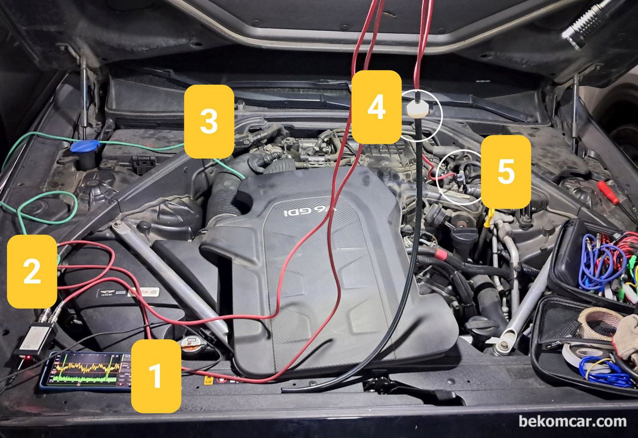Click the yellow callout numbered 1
tap(155, 376)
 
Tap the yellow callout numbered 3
tap(209, 121)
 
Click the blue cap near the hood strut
tap(84, 147)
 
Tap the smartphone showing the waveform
tap(87, 372)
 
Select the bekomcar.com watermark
tap(572, 421)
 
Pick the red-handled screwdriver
tap(608, 191)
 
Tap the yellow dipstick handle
tap(489, 217)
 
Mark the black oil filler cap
tap(481, 326)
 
